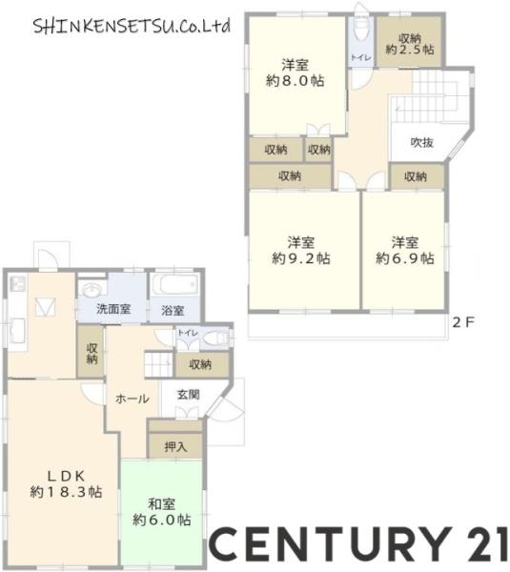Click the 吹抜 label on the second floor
tap(422, 143)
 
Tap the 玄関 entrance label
tap(188, 395)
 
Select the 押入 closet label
tap(175, 446)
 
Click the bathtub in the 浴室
tap(174, 284)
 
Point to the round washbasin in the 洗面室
tap(91, 291)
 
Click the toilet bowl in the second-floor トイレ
tap(361, 31)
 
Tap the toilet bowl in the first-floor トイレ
tap(214, 338)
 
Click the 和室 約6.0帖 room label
tap(162, 512)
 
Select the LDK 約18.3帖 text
tap(66, 484)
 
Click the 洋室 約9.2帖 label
tap(301, 250)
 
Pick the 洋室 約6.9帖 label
tap(405, 250)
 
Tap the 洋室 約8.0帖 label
tap(295, 73)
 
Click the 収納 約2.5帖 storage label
tap(410, 44)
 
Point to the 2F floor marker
tap(463, 322)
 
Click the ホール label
tap(133, 398)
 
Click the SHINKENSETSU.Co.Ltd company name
tap(132, 27)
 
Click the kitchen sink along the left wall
tap(16, 331)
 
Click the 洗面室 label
tap(113, 309)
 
